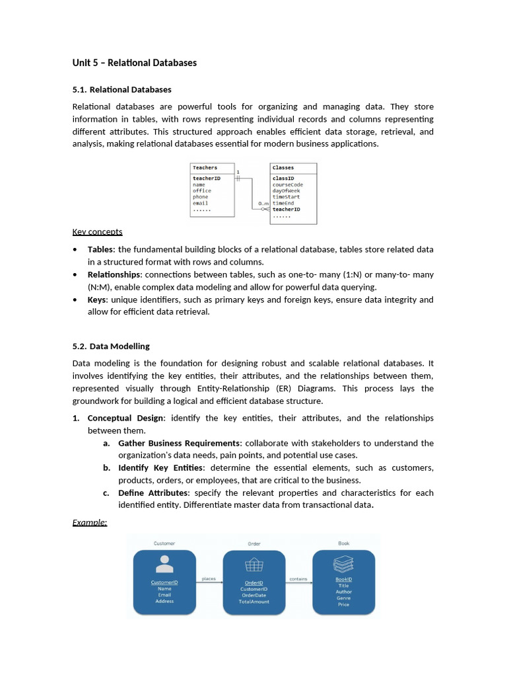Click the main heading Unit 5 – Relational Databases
[134, 63]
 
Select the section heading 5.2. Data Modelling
[111, 346]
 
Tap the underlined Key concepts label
[97, 232]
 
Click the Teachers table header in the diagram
[205, 168]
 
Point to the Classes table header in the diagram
[283, 168]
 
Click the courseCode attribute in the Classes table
[288, 184]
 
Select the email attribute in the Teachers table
[200, 203]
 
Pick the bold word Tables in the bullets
[100, 249]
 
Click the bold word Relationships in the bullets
[114, 274]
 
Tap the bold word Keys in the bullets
[97, 299]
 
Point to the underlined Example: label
[89, 522]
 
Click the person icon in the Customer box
[164, 564]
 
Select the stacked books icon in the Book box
[343, 563]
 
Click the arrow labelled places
[209, 582]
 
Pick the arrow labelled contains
[298, 582]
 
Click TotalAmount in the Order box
[254, 602]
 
